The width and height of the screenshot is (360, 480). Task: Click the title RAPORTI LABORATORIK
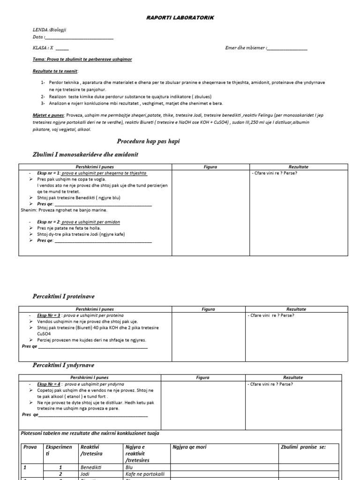180,17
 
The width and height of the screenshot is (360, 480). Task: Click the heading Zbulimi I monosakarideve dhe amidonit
85,155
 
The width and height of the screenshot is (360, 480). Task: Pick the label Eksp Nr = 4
47,384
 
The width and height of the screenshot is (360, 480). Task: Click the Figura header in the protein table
208,309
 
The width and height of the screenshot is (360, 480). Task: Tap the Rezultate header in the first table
299,167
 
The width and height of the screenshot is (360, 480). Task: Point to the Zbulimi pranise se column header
303,447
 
